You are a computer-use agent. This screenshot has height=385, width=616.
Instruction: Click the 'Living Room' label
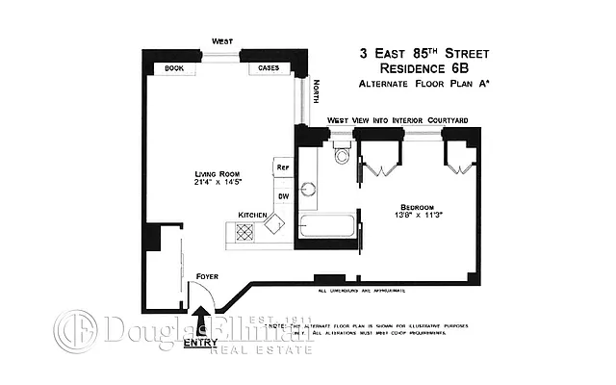pos(216,173)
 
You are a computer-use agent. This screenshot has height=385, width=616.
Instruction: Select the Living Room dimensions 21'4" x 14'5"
pos(216,182)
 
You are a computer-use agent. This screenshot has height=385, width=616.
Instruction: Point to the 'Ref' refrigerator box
pos(283,167)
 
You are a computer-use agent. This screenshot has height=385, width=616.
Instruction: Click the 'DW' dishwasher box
pos(283,196)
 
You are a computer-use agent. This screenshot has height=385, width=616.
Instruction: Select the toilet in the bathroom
pos(341,156)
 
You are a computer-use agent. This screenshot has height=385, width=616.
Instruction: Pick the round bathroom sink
pos(309,190)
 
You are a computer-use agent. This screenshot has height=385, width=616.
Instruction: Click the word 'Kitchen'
pos(252,214)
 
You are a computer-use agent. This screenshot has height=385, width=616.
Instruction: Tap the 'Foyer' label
pos(207,276)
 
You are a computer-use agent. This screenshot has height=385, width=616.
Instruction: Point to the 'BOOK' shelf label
pos(174,68)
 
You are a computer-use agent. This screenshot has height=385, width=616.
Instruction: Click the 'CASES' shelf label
pos(269,68)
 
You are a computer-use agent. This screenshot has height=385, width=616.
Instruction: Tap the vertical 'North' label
pos(316,94)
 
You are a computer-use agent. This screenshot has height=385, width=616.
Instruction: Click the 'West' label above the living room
pos(222,40)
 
